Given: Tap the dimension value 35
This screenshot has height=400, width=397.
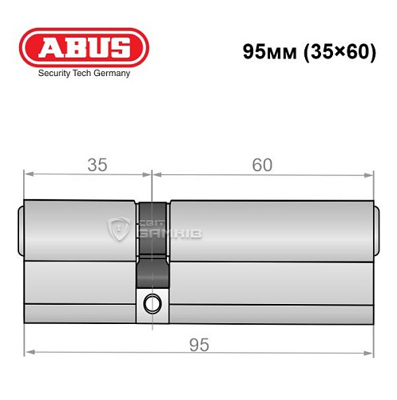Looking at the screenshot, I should coord(97,165).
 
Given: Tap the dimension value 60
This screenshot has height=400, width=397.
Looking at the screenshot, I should coord(261,165).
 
